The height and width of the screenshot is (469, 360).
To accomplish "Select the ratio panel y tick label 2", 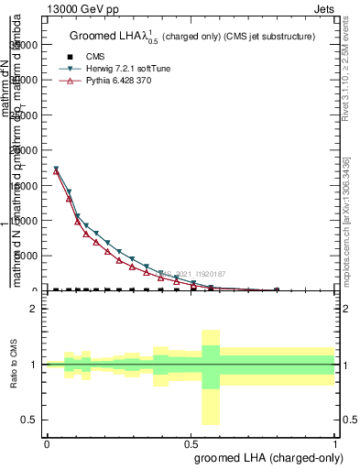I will pyautogui.click(x=34, y=310).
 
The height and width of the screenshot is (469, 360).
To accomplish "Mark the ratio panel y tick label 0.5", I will pyautogui.click(x=30, y=420).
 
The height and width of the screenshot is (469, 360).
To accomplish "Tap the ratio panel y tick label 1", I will pyautogui.click(x=34, y=365).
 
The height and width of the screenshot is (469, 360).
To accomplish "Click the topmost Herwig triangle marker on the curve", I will pyautogui.click(x=57, y=169).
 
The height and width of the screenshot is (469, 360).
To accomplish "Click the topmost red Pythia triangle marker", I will pyautogui.click(x=57, y=171).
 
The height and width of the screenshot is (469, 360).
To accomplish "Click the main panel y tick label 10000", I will pyautogui.click(x=26, y=221).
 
